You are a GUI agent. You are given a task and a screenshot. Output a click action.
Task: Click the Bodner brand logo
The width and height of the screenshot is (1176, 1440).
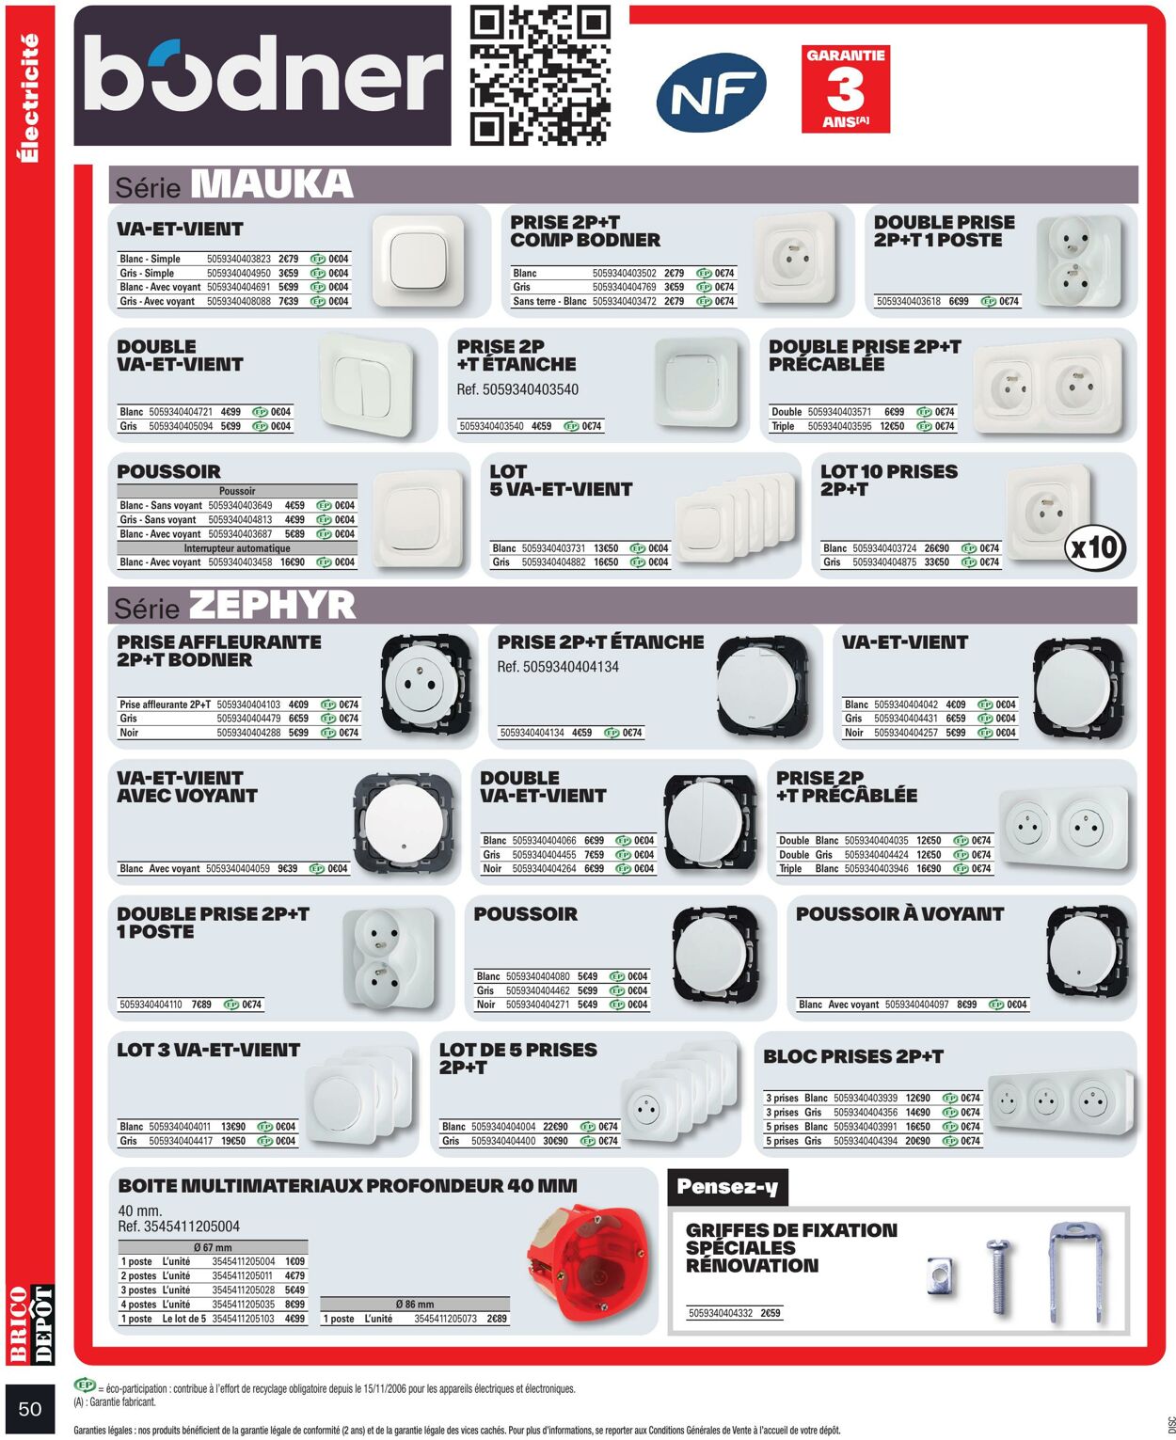pos(262,75)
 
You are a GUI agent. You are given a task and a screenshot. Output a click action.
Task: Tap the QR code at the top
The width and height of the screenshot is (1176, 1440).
pos(539,75)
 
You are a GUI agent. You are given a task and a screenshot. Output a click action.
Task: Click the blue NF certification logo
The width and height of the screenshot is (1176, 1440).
pos(711,93)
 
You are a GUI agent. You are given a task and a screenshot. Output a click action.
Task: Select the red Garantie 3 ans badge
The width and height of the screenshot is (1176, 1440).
pos(846,88)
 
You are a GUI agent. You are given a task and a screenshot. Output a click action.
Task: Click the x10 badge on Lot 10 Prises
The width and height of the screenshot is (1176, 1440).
pos(1095,546)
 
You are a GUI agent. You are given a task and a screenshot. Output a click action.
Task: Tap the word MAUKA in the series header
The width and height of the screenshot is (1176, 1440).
pos(272,184)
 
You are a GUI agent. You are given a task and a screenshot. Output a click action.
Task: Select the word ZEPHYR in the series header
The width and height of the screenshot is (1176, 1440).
pos(272,605)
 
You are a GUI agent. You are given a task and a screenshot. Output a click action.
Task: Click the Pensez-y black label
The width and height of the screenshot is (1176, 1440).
pos(727,1187)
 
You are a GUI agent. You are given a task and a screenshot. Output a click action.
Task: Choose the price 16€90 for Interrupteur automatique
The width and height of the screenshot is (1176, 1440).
pos(293,562)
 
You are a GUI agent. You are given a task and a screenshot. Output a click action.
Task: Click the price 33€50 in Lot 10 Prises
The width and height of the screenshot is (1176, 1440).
pos(936,562)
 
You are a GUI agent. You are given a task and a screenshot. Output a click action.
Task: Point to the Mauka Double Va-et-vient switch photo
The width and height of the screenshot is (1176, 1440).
pos(367,385)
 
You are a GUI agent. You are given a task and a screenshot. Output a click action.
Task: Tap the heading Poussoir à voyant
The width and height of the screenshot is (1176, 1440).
pos(899,913)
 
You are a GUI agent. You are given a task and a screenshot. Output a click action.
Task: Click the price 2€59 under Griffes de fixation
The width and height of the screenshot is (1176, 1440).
pos(770,1313)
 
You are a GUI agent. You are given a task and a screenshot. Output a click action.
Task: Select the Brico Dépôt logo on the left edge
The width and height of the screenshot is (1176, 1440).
pos(31,1324)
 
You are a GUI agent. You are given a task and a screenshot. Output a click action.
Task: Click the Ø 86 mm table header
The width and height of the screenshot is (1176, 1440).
pos(415,1305)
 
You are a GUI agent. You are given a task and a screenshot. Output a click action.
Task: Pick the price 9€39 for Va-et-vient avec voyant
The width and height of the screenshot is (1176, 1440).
pos(287,868)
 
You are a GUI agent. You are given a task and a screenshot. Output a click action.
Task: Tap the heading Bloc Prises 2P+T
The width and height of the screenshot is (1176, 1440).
pos(853,1056)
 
